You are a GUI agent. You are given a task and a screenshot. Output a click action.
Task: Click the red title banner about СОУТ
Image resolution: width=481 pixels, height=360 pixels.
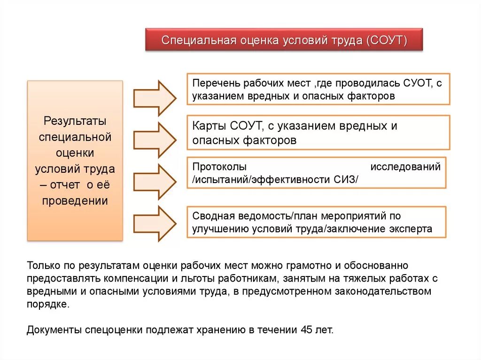(284, 40)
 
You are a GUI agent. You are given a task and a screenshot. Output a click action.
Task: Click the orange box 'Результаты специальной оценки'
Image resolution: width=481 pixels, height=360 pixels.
(75, 161)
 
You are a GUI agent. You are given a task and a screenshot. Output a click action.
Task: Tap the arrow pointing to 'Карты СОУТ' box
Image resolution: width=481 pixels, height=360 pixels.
(155, 140)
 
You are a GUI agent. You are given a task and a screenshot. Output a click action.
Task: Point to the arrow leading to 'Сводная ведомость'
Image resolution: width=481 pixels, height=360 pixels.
(155, 224)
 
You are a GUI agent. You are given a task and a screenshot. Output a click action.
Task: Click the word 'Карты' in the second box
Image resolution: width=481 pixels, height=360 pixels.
(209, 126)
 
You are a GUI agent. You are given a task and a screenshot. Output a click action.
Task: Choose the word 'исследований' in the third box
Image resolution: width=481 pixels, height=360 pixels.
(406, 167)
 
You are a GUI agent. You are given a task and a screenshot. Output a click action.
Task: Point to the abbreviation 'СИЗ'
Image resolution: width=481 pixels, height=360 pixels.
(345, 179)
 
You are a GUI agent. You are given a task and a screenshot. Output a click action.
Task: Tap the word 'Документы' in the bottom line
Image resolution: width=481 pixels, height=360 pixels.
(54, 329)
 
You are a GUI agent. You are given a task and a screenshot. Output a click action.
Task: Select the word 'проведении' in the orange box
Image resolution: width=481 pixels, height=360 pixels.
(75, 201)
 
